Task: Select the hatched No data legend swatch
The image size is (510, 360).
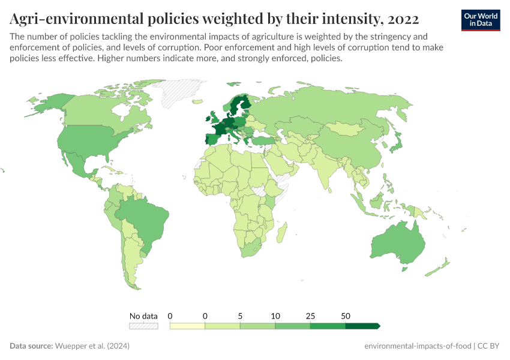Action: coord(143,326)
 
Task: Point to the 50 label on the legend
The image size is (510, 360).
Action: coord(346,316)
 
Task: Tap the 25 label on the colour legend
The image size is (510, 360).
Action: coord(310,316)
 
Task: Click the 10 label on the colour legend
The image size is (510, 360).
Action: coord(275,316)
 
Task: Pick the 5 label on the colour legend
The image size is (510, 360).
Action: coord(240,316)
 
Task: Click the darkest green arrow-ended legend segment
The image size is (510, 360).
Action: coord(362,326)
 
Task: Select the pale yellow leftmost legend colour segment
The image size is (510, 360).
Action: coord(187,326)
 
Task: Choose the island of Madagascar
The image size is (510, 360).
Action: coord(282,231)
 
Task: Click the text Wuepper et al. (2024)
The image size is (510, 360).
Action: coord(92,346)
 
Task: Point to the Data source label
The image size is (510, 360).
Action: coord(31,346)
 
